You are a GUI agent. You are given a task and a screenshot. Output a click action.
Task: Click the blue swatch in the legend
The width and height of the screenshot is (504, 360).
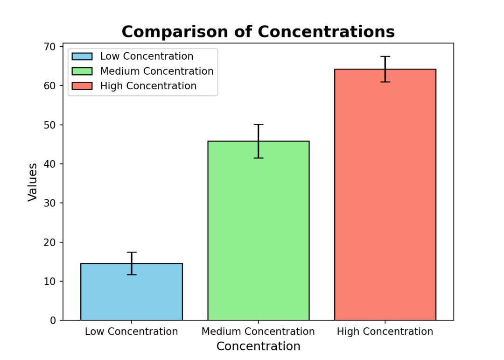(x=82, y=56)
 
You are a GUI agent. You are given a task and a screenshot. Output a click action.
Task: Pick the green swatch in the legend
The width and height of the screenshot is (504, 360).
(x=82, y=71)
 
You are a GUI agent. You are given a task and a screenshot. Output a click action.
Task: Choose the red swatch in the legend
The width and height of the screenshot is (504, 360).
(x=82, y=86)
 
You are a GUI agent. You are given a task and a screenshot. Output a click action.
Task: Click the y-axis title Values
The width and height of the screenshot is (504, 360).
(x=33, y=182)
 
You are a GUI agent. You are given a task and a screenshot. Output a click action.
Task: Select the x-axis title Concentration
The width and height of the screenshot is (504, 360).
(x=258, y=346)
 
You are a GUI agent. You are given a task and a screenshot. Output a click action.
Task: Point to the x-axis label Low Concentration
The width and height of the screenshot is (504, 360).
(x=131, y=332)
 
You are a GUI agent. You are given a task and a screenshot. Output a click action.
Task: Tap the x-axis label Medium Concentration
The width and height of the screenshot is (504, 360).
(x=258, y=332)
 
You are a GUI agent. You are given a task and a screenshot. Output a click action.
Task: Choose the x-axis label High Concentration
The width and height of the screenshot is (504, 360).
(x=385, y=332)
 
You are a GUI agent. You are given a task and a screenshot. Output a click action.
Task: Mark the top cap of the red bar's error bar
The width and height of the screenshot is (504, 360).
(x=385, y=56)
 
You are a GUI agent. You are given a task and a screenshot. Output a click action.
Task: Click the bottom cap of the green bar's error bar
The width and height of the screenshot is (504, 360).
(x=258, y=158)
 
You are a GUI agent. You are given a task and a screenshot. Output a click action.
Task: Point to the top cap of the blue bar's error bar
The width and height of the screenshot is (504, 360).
(x=131, y=252)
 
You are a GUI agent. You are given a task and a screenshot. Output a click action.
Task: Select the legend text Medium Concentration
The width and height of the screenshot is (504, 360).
(x=157, y=71)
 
